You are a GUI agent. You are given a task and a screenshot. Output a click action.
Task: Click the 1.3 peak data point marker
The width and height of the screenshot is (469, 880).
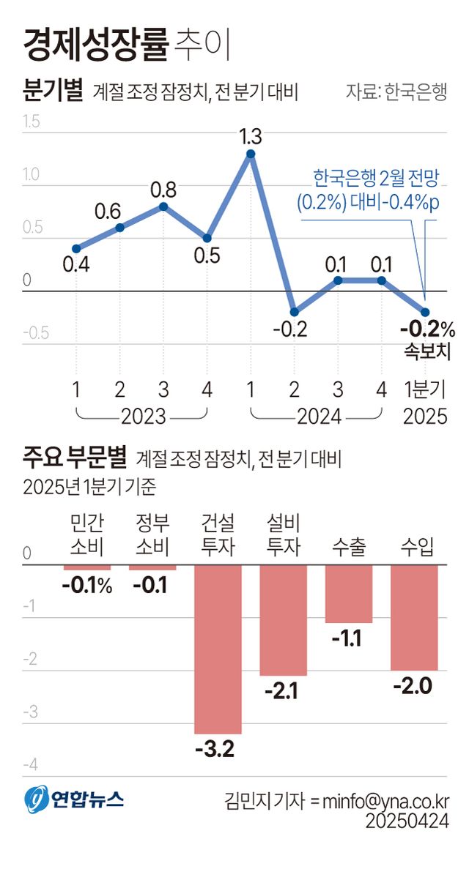pos(251,154)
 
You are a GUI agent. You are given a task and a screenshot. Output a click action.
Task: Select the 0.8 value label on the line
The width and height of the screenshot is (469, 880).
pos(163,190)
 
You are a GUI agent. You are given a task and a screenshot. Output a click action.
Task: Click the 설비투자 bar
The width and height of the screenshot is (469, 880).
pos(283,619)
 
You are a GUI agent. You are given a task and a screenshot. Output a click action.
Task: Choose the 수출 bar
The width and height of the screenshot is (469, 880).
pos(349,593)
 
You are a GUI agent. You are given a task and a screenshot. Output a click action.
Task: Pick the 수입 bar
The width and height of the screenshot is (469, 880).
pos(414,617)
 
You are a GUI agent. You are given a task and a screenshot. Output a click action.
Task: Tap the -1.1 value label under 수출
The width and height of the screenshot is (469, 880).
pos(348,638)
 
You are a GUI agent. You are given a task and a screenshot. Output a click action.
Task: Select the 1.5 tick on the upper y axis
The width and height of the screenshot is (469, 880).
pos(31,122)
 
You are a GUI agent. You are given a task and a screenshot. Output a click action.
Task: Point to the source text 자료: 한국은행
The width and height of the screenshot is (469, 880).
pos(396,94)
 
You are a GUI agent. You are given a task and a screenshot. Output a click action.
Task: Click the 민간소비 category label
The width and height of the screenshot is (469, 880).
pos(86,534)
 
